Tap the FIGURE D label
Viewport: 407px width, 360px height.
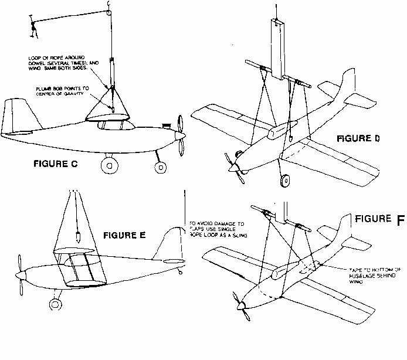[x=358, y=139]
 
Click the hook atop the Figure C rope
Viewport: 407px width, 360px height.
[x=108, y=7]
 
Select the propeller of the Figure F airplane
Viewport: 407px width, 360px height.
[x=240, y=305]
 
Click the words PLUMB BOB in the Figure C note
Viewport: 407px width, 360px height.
[x=48, y=88]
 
